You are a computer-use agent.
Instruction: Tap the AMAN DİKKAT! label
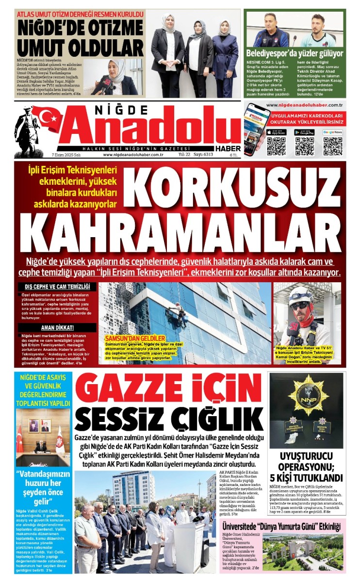click(x=57, y=328)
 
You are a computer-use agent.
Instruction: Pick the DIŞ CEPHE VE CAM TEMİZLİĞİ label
click(x=57, y=287)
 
